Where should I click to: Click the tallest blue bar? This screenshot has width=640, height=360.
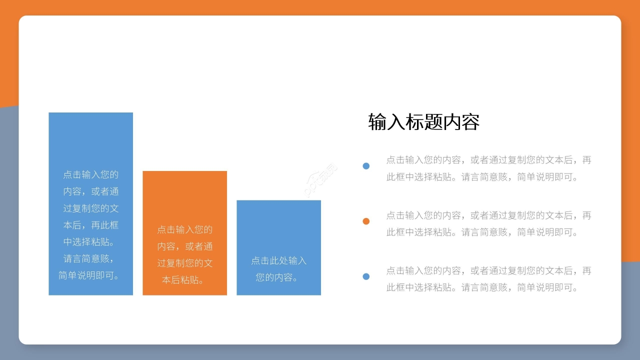point(90,140)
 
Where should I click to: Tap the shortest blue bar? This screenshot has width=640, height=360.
point(278,225)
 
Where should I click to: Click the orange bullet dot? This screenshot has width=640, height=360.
point(366,221)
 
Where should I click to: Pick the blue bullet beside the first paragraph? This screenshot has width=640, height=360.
point(366,166)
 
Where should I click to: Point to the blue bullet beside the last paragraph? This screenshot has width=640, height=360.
point(366,276)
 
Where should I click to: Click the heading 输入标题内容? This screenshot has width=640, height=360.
point(423,122)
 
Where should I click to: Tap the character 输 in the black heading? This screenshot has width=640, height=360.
point(377,122)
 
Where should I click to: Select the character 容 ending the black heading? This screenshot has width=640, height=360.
point(470,122)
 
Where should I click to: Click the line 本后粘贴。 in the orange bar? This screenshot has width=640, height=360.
point(184,280)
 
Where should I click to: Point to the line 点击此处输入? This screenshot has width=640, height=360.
point(278,260)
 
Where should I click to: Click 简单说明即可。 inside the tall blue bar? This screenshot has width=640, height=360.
point(90,275)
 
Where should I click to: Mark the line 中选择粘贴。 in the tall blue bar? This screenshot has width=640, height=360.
point(90,242)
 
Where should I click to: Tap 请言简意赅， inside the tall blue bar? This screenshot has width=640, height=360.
point(90,259)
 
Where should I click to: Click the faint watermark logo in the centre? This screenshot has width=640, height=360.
point(320,179)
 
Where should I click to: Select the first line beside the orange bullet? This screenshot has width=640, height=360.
point(488,215)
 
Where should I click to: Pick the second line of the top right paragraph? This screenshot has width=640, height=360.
point(483,177)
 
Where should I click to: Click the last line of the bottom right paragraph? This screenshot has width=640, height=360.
point(483,287)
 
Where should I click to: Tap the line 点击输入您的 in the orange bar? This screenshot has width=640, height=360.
point(184,229)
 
